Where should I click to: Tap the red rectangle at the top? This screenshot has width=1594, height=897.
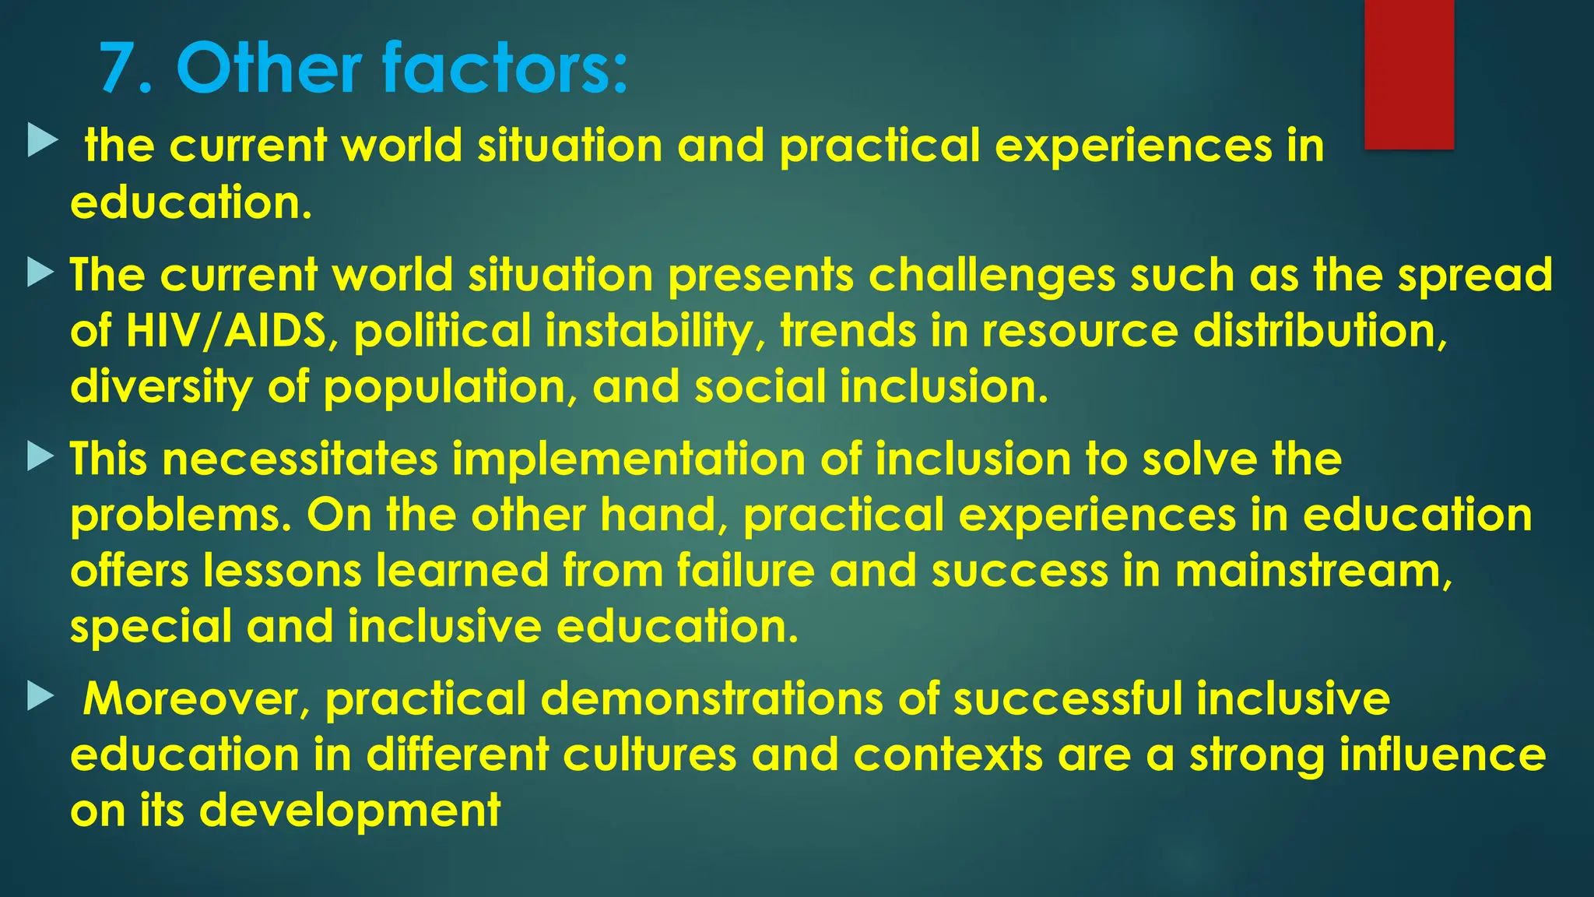pos(1409,74)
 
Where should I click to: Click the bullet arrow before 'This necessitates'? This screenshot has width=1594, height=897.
pos(40,457)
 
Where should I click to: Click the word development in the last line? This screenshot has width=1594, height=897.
pos(349,811)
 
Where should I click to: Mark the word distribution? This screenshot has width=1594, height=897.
pos(1319,331)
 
